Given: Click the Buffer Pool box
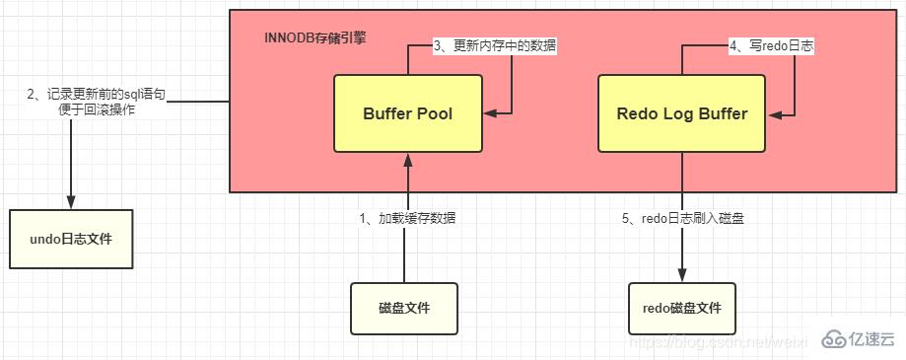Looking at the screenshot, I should (x=408, y=113).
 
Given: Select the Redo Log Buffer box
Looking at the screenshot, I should (x=681, y=113).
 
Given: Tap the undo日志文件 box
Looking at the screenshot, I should (x=69, y=239).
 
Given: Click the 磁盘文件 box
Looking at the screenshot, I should (x=404, y=309).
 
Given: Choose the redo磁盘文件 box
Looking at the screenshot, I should (x=681, y=309).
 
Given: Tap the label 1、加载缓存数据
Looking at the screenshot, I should (x=405, y=218).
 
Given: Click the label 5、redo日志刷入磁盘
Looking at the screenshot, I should (x=682, y=218).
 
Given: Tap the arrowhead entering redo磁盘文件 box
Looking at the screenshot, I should (x=681, y=275).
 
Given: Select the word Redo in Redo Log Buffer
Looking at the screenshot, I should (x=636, y=113).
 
